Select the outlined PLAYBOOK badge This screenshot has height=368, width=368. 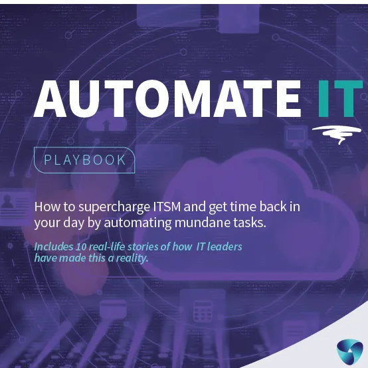84,160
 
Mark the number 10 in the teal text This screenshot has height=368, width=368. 86,247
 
